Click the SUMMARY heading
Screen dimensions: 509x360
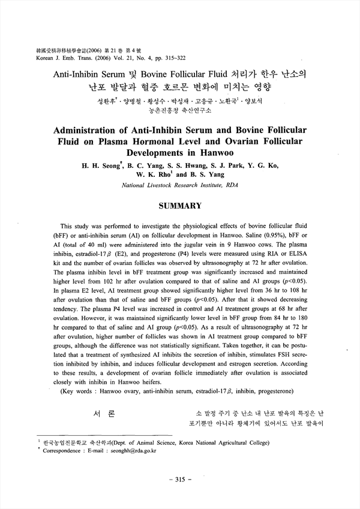[179, 206]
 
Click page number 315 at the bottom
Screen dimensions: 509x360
[180, 480]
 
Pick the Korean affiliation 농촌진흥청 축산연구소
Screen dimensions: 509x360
[179, 110]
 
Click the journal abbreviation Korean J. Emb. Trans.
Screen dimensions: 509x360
[55, 61]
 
